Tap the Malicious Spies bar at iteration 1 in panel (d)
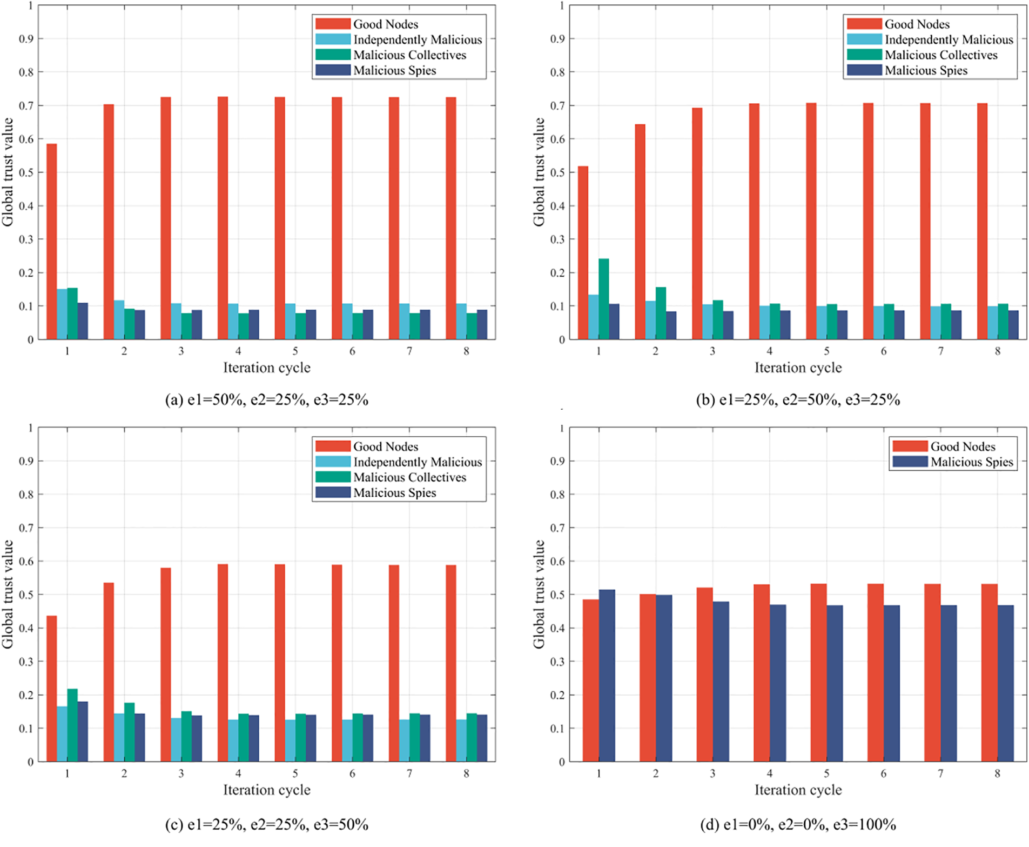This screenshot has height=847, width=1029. point(607,676)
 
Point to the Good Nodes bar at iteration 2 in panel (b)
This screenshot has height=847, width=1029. point(640,232)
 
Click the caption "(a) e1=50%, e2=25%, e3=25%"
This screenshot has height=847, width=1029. point(266,400)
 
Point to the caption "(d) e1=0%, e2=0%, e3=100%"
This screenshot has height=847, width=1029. point(798,824)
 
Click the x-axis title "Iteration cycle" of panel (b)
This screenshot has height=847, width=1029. point(798,368)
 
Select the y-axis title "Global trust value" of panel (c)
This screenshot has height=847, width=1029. point(8,594)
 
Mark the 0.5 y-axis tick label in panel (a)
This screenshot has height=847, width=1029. point(26,172)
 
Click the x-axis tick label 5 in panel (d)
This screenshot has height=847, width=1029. point(826,773)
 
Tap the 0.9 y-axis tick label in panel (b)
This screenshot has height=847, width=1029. point(557,39)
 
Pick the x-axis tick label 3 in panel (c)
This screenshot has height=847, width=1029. point(181,773)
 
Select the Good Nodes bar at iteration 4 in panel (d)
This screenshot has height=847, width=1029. point(761,673)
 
